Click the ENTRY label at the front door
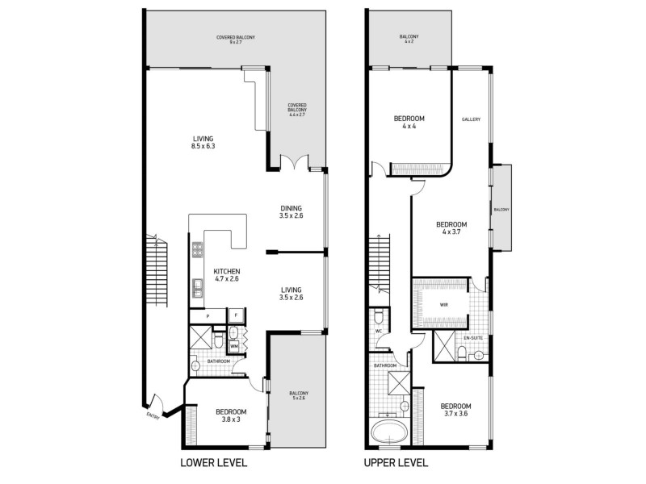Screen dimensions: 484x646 (153, 416)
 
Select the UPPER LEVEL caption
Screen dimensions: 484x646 (396, 463)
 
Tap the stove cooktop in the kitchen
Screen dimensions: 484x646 (196, 251)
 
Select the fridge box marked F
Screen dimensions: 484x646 (236, 315)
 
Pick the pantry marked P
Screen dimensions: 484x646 (208, 315)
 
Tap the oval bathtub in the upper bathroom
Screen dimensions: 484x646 (389, 432)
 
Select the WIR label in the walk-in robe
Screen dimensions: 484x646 (443, 306)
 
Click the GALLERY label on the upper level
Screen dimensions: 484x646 (472, 119)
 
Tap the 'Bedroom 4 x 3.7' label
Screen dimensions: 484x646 (451, 228)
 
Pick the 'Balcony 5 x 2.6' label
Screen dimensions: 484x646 (300, 396)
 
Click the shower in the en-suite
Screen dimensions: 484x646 (443, 347)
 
